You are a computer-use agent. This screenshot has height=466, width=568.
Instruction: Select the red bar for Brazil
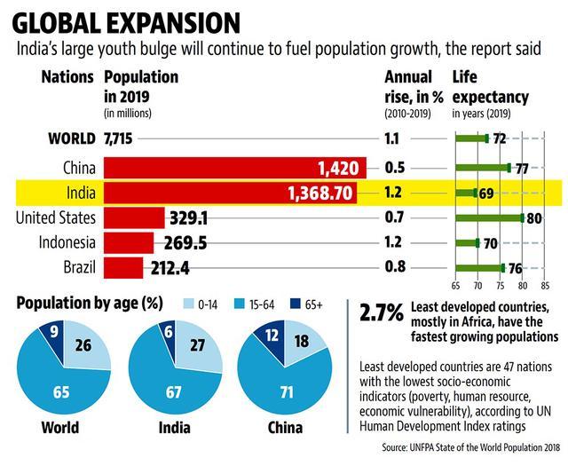pyautogui.click(x=123, y=266)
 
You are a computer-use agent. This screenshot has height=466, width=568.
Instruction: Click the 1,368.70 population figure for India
pyautogui.click(x=319, y=192)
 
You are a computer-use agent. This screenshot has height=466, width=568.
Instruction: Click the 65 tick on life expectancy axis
pyautogui.click(x=455, y=286)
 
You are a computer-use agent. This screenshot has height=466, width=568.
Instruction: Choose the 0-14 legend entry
pyautogui.click(x=205, y=304)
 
